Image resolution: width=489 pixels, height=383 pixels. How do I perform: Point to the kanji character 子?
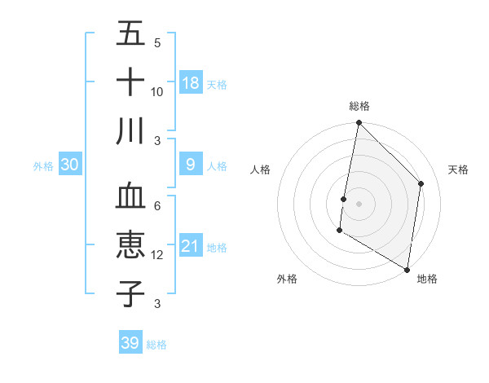[130, 293]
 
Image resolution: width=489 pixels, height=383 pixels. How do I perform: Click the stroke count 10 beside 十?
[157, 91]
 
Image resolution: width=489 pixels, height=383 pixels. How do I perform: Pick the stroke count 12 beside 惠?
[157, 255]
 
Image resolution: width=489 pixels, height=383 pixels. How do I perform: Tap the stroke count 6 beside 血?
[157, 206]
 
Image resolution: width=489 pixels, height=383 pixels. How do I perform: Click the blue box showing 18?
[191, 82]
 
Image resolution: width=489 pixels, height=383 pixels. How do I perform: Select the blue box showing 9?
[191, 165]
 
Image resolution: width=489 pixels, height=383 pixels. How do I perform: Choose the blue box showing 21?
[191, 246]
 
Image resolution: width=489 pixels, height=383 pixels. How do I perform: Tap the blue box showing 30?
[69, 165]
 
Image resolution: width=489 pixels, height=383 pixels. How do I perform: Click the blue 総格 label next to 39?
[157, 345]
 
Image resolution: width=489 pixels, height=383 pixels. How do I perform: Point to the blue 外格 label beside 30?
[43, 166]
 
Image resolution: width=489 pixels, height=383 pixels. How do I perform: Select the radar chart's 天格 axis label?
[458, 169]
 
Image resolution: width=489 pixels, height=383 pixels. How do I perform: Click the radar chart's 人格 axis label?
[260, 169]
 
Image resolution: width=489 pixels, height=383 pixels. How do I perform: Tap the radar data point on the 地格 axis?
[407, 268]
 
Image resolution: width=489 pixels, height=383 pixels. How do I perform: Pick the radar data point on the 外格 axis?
[339, 231]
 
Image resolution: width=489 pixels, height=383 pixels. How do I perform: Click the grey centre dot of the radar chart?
[359, 203]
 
